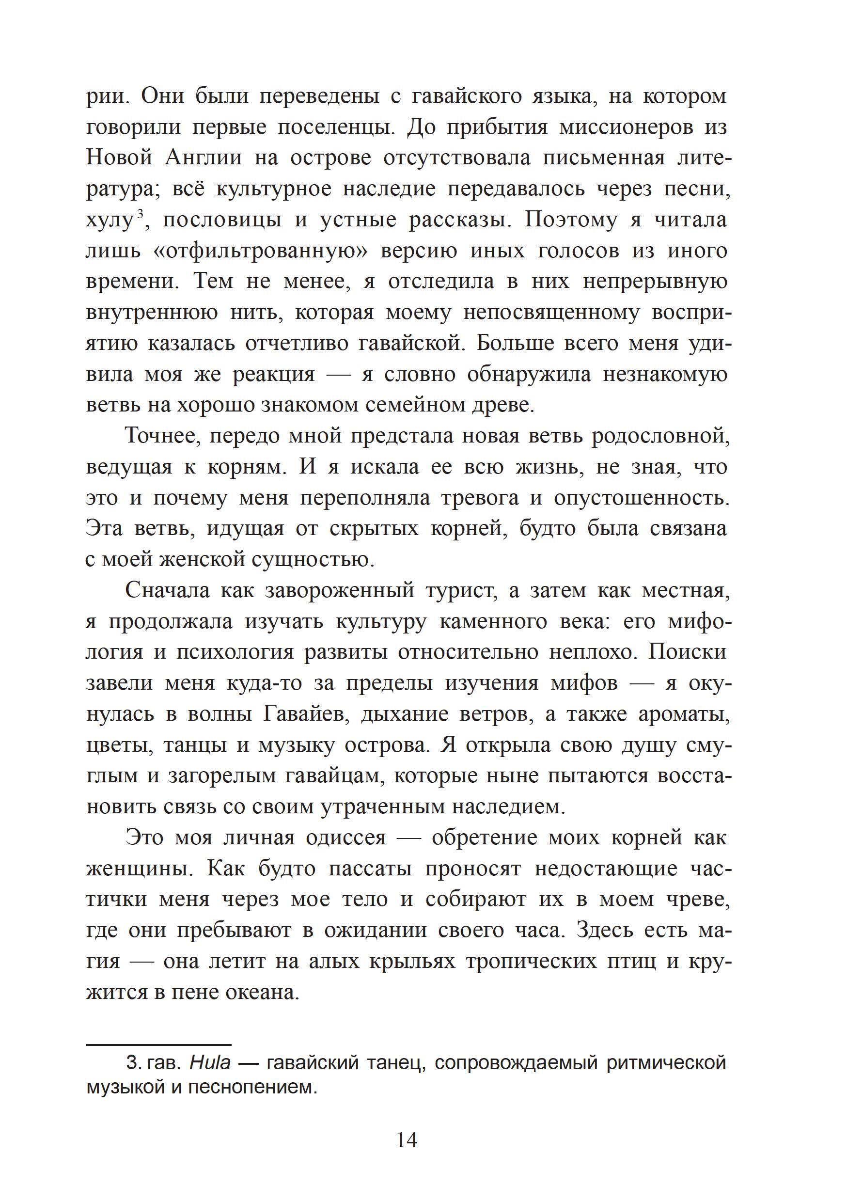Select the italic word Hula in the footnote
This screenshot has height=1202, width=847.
pyautogui.click(x=210, y=1063)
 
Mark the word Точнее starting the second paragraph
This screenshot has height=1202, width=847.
pyautogui.click(x=160, y=436)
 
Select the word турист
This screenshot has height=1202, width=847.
pyautogui.click(x=460, y=590)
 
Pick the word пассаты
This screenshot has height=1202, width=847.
pyautogui.click(x=371, y=869)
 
